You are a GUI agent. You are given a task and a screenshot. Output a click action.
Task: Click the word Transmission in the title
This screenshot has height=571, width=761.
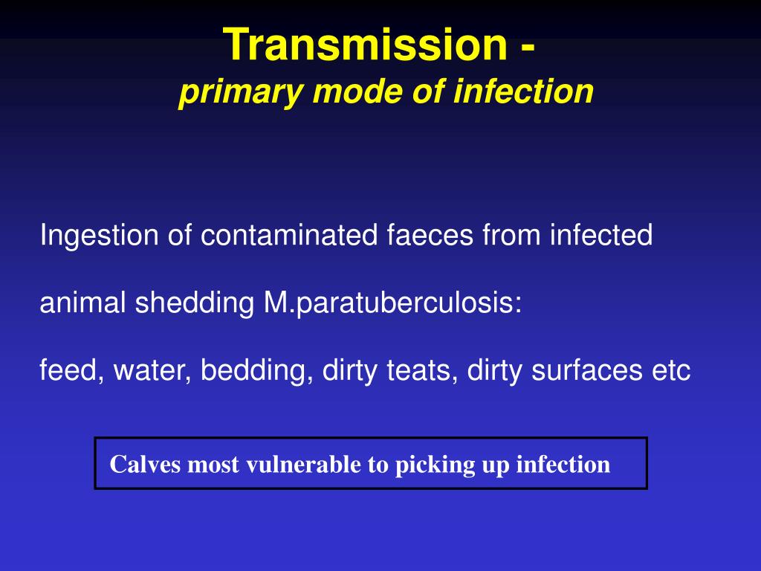[363, 45]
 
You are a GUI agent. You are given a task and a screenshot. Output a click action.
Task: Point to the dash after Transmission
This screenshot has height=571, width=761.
[527, 46]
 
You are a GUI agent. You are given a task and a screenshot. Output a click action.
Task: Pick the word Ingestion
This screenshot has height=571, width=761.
[99, 236]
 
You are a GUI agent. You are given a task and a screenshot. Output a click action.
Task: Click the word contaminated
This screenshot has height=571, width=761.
[290, 236]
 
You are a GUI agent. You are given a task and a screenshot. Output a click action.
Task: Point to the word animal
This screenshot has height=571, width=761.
[82, 303]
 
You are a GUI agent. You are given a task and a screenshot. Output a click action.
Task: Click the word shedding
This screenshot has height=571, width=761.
[195, 303]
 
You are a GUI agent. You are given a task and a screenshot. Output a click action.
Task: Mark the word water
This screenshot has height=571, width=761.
[146, 370]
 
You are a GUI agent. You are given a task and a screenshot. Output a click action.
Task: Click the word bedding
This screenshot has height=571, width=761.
[252, 370]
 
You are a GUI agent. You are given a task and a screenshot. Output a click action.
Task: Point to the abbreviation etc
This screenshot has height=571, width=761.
[672, 370]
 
